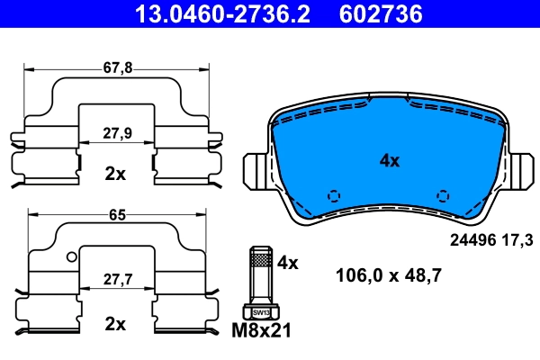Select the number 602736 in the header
(x=381, y=13)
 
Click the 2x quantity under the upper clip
(x=115, y=174)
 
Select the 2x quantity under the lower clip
(x=115, y=323)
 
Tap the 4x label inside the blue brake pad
(x=389, y=161)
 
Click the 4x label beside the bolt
(x=287, y=263)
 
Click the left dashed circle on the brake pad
(x=334, y=196)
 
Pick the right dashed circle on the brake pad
(x=442, y=196)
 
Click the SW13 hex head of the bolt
(x=260, y=311)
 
